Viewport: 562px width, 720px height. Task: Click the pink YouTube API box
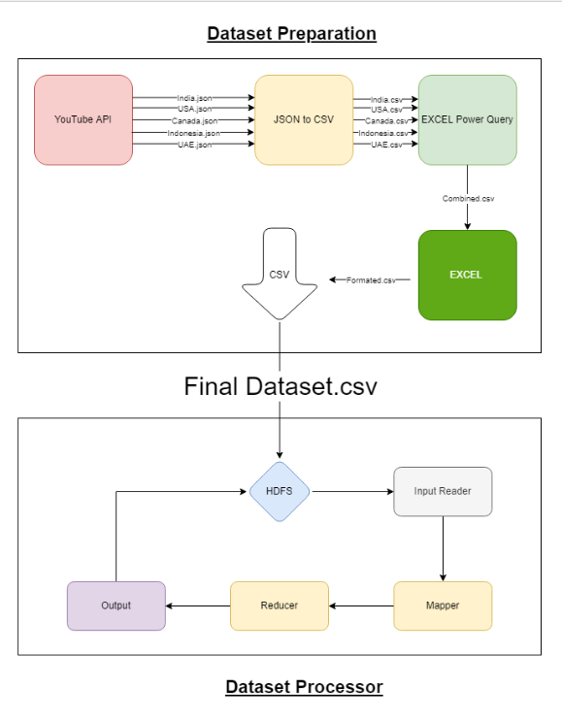coord(83,119)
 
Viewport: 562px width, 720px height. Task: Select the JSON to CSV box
coord(304,119)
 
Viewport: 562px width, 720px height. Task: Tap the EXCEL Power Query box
coord(467,119)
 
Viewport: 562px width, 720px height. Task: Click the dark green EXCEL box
coord(467,275)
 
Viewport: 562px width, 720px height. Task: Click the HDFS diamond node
coord(280,491)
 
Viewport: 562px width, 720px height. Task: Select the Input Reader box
coord(443,491)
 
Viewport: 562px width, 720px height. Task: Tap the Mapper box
coord(443,605)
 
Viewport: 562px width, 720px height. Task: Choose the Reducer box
coord(280,605)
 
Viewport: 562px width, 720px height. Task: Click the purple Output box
coord(116,605)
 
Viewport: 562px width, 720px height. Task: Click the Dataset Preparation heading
coord(291,34)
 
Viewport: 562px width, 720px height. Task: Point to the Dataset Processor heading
coord(304,687)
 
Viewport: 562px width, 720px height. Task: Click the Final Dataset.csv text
coord(281,386)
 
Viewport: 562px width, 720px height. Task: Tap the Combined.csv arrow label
coord(468,198)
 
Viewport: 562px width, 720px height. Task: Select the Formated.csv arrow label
coord(371,279)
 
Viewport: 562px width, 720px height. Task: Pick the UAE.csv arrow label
coord(386,144)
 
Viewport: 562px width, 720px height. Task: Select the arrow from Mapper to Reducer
coord(361,605)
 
